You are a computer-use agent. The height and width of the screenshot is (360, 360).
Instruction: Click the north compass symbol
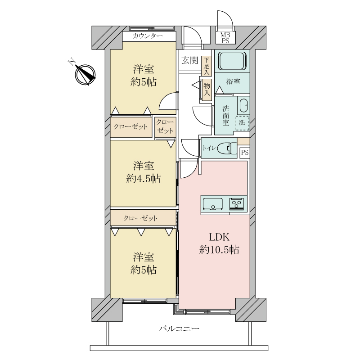tap(85, 75)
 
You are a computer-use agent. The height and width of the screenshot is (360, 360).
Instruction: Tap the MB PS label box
tap(225, 37)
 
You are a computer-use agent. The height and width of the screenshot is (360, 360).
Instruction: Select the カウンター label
tap(148, 36)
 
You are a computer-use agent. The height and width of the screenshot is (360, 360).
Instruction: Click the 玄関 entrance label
tap(189, 60)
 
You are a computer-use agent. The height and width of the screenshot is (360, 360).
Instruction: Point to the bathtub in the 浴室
tap(232, 61)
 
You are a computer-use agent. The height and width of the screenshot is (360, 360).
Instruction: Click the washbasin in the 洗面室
tap(243, 106)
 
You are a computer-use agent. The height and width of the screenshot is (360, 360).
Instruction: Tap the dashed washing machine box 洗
tap(242, 123)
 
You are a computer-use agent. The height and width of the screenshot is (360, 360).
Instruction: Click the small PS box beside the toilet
tap(245, 153)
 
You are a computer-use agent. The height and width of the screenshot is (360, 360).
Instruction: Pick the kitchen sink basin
tap(212, 204)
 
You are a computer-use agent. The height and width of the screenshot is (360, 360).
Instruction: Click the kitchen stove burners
tap(237, 204)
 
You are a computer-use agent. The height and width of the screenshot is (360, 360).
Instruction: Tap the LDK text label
tap(219, 237)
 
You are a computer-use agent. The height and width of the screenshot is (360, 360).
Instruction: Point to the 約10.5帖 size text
tap(219, 250)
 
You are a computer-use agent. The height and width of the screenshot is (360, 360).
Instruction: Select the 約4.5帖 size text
tap(143, 179)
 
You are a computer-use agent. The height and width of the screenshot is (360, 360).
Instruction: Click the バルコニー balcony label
tap(179, 329)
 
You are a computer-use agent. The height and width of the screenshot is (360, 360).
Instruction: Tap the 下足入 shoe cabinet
tap(207, 66)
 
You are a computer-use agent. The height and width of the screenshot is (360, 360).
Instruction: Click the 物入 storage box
tap(207, 90)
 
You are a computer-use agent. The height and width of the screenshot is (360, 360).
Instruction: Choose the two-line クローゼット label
tap(165, 127)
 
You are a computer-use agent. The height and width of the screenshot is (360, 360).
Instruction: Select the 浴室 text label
tap(233, 81)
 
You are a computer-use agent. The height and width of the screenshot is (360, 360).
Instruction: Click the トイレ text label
tap(209, 148)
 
